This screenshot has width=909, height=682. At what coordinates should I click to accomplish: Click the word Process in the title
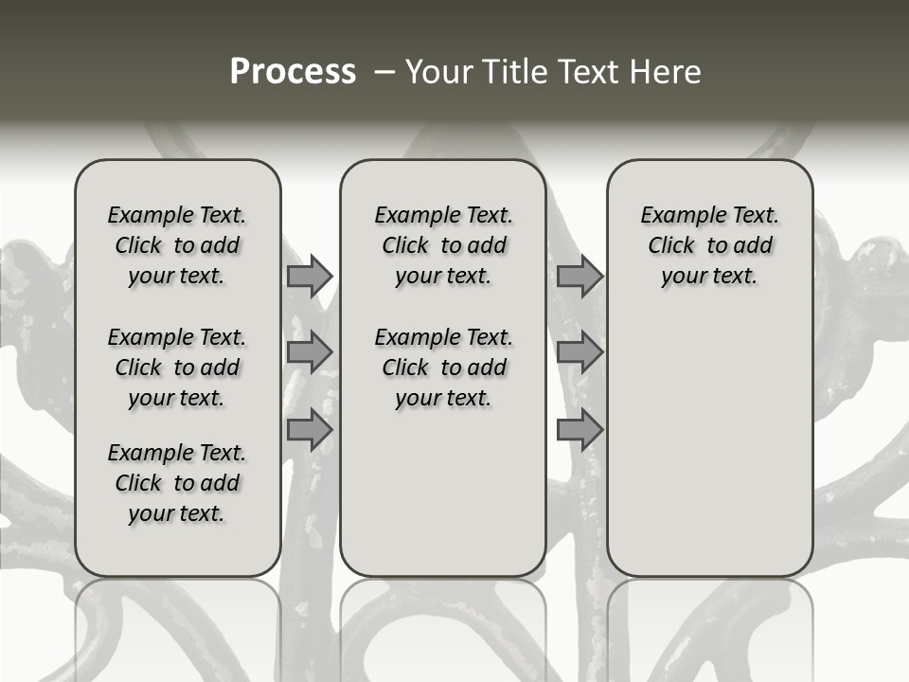click(x=293, y=72)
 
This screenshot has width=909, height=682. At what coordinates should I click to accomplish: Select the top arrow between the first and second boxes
click(x=310, y=277)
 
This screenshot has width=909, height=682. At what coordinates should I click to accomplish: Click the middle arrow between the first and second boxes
click(x=310, y=353)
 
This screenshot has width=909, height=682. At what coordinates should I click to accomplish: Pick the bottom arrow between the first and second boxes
click(x=310, y=430)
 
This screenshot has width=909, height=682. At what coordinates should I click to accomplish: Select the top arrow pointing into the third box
click(x=579, y=277)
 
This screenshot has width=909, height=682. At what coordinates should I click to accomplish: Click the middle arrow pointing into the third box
click(x=579, y=353)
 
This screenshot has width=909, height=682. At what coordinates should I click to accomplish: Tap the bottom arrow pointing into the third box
click(x=579, y=430)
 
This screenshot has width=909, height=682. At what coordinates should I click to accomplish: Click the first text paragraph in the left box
click(x=177, y=245)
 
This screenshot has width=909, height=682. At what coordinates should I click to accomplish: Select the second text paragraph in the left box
click(x=177, y=368)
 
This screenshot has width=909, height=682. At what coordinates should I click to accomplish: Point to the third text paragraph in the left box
click(x=177, y=483)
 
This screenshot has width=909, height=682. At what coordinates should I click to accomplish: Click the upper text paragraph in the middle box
click(x=443, y=245)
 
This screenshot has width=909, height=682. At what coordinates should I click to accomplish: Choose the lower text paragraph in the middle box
click(x=443, y=368)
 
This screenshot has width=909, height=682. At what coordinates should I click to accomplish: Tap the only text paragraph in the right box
click(x=710, y=245)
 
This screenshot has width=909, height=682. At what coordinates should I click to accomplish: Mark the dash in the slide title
click(x=383, y=72)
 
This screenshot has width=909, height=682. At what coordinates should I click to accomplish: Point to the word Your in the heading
click(x=437, y=72)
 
